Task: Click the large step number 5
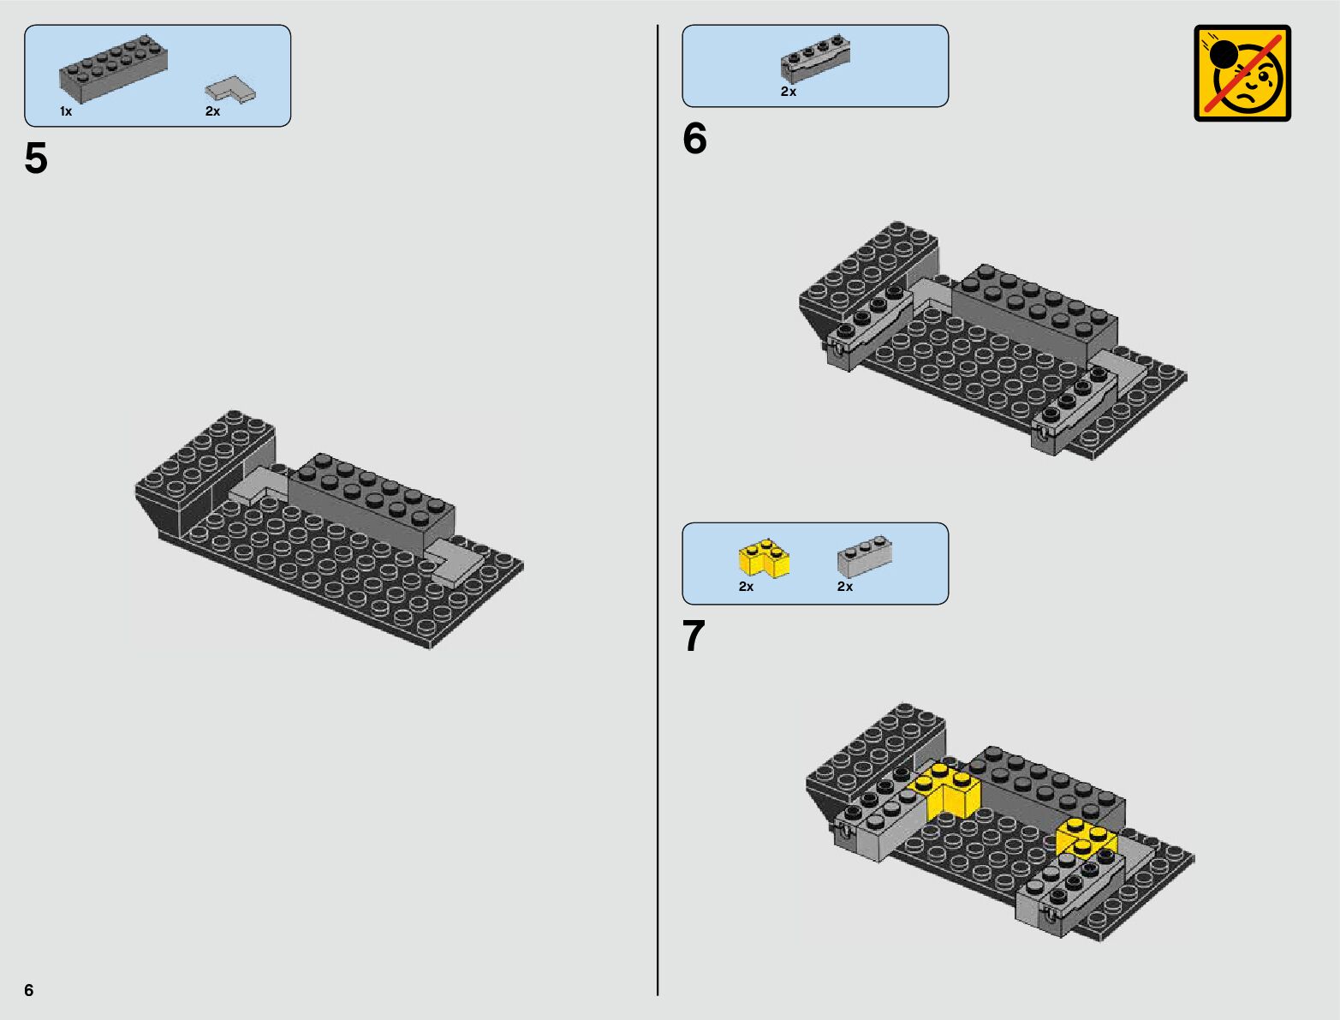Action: pyautogui.click(x=36, y=158)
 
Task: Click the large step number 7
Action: pyautogui.click(x=694, y=635)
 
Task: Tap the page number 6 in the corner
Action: pyautogui.click(x=29, y=989)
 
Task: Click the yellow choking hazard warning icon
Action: pyautogui.click(x=1242, y=74)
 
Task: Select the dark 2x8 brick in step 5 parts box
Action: pyautogui.click(x=114, y=69)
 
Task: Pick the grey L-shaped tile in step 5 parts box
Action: pyautogui.click(x=230, y=90)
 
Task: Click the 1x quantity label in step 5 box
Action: pyautogui.click(x=66, y=111)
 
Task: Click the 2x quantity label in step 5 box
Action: pyautogui.click(x=212, y=111)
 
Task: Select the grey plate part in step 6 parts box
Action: pyautogui.click(x=816, y=58)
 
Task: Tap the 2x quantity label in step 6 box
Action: pyautogui.click(x=788, y=92)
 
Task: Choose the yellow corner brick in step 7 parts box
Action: pyautogui.click(x=765, y=558)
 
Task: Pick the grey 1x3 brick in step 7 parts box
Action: pyautogui.click(x=865, y=556)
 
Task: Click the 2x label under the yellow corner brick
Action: pyautogui.click(x=746, y=587)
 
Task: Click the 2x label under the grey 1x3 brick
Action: pyautogui.click(x=845, y=587)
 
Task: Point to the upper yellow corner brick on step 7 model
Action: pyautogui.click(x=945, y=790)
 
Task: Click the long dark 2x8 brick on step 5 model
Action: pyautogui.click(x=371, y=504)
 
